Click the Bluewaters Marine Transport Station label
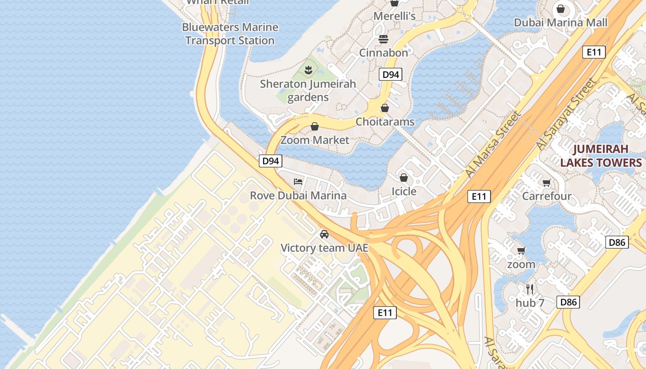click(x=230, y=34)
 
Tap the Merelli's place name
click(x=395, y=16)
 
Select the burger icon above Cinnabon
click(x=383, y=39)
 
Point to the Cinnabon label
click(x=383, y=53)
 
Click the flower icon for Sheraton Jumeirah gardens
click(x=308, y=70)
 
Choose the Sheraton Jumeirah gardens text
click(x=308, y=90)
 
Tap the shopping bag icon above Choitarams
click(x=385, y=108)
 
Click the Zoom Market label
click(x=315, y=140)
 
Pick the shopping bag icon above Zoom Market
click(x=315, y=126)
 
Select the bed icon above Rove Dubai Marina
click(x=298, y=181)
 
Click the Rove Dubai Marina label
click(x=298, y=195)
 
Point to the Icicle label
click(x=404, y=191)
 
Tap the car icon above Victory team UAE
click(x=324, y=234)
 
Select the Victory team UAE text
click(x=324, y=248)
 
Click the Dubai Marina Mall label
click(x=561, y=23)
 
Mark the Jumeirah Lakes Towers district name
click(x=601, y=156)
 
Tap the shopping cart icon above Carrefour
click(x=547, y=183)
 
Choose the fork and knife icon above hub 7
click(x=530, y=289)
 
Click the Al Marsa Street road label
click(x=492, y=144)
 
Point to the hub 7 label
click(x=530, y=303)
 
